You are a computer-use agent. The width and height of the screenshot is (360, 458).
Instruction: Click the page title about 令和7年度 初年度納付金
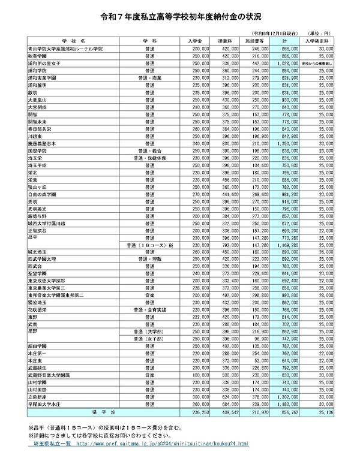[180, 19]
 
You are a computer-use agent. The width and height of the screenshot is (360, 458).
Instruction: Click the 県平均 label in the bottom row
[99, 413]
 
